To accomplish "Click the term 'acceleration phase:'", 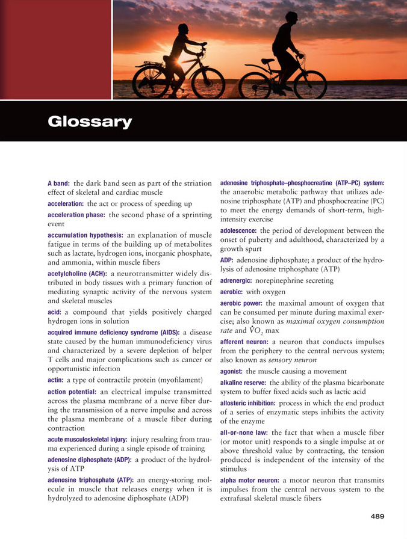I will [76, 215].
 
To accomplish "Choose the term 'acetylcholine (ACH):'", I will [78, 274].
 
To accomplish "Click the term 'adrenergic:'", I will [237, 280].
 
